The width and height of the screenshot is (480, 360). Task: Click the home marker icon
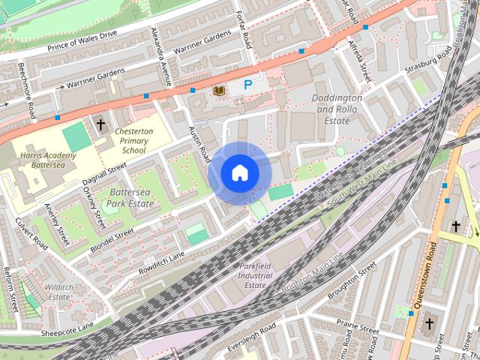[x=239, y=173]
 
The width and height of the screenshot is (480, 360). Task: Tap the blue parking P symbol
[x=247, y=86]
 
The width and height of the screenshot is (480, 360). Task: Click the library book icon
[x=218, y=91]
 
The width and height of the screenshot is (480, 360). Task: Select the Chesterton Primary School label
[x=133, y=140]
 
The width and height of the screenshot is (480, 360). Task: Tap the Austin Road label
[x=198, y=141]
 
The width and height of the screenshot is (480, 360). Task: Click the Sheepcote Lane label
[x=67, y=325]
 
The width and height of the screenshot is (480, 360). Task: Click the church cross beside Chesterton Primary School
[x=100, y=123]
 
